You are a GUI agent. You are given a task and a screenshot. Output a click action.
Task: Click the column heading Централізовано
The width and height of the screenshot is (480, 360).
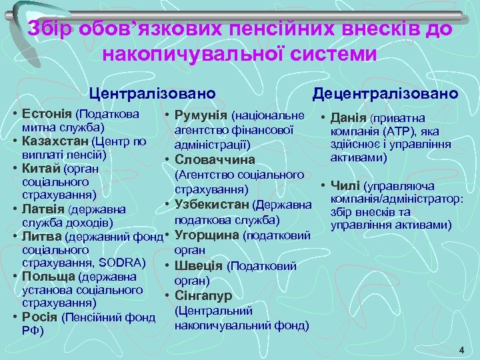[x=153, y=92]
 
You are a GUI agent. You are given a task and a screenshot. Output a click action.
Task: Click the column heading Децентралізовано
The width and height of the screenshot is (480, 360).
[x=386, y=92]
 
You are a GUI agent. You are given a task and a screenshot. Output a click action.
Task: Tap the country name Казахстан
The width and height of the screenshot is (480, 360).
[x=56, y=141]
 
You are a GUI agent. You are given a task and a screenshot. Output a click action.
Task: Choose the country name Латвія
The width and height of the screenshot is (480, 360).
[x=43, y=209]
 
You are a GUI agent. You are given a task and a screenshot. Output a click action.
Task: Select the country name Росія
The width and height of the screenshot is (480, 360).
[x=40, y=317]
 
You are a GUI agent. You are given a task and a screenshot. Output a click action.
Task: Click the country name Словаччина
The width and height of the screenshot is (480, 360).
[x=215, y=159]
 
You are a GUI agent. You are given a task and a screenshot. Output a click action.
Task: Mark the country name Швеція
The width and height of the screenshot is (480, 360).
[x=199, y=265]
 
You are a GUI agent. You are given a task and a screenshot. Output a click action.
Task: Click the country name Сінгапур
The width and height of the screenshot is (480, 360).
[x=203, y=295]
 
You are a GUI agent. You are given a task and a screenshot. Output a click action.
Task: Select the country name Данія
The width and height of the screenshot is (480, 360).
[x=349, y=118]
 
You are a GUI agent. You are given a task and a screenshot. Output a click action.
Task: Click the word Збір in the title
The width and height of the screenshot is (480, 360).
[x=53, y=30]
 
